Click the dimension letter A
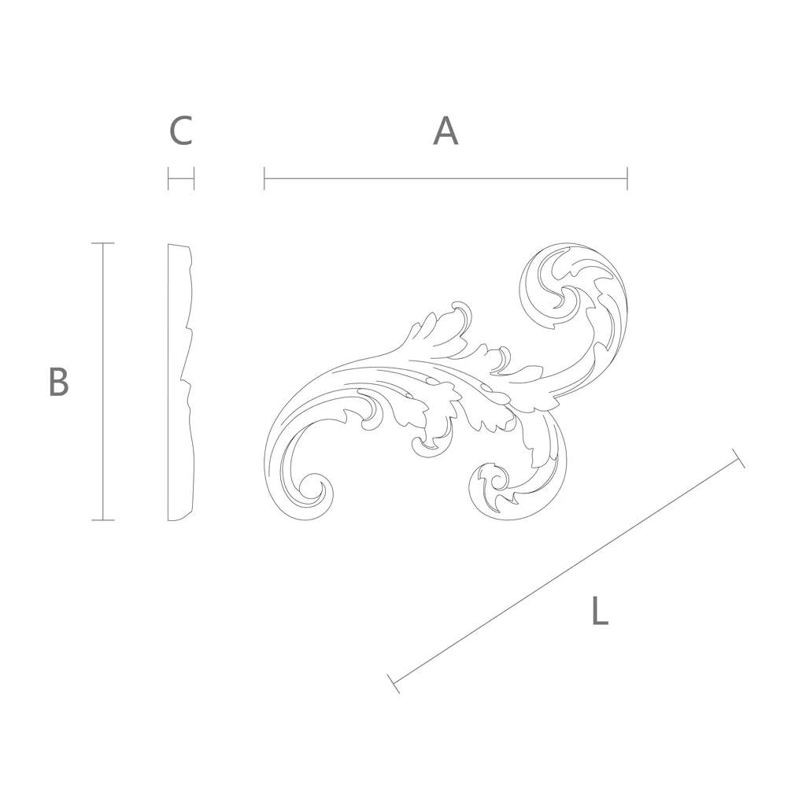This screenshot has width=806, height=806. [446, 131]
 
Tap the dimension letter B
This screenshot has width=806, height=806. [58, 382]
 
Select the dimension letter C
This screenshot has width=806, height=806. [181, 131]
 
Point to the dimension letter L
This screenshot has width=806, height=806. [600, 610]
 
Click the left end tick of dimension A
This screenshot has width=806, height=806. [264, 179]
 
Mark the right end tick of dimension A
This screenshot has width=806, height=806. [627, 179]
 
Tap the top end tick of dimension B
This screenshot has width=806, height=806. [103, 243]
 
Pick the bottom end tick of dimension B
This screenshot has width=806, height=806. [103, 520]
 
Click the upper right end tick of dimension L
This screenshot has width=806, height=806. [738, 459]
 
